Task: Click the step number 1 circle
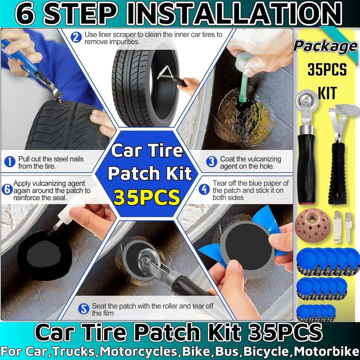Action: point(9,162)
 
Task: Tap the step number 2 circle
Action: point(76,37)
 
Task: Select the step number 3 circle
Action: point(212,162)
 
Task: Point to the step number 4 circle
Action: point(204,189)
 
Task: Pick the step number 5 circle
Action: point(84,309)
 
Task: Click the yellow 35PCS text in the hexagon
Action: point(147,198)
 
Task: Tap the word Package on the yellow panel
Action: point(325,46)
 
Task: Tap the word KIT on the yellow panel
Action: point(327,94)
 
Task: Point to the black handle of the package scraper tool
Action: point(337,176)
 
